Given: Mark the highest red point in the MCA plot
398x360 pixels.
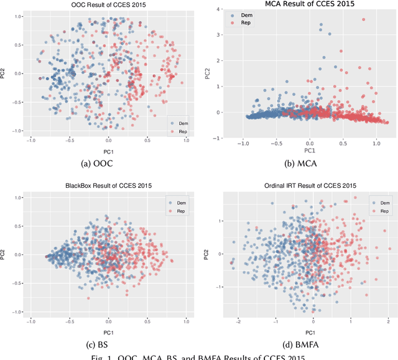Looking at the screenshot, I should [x=364, y=19].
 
